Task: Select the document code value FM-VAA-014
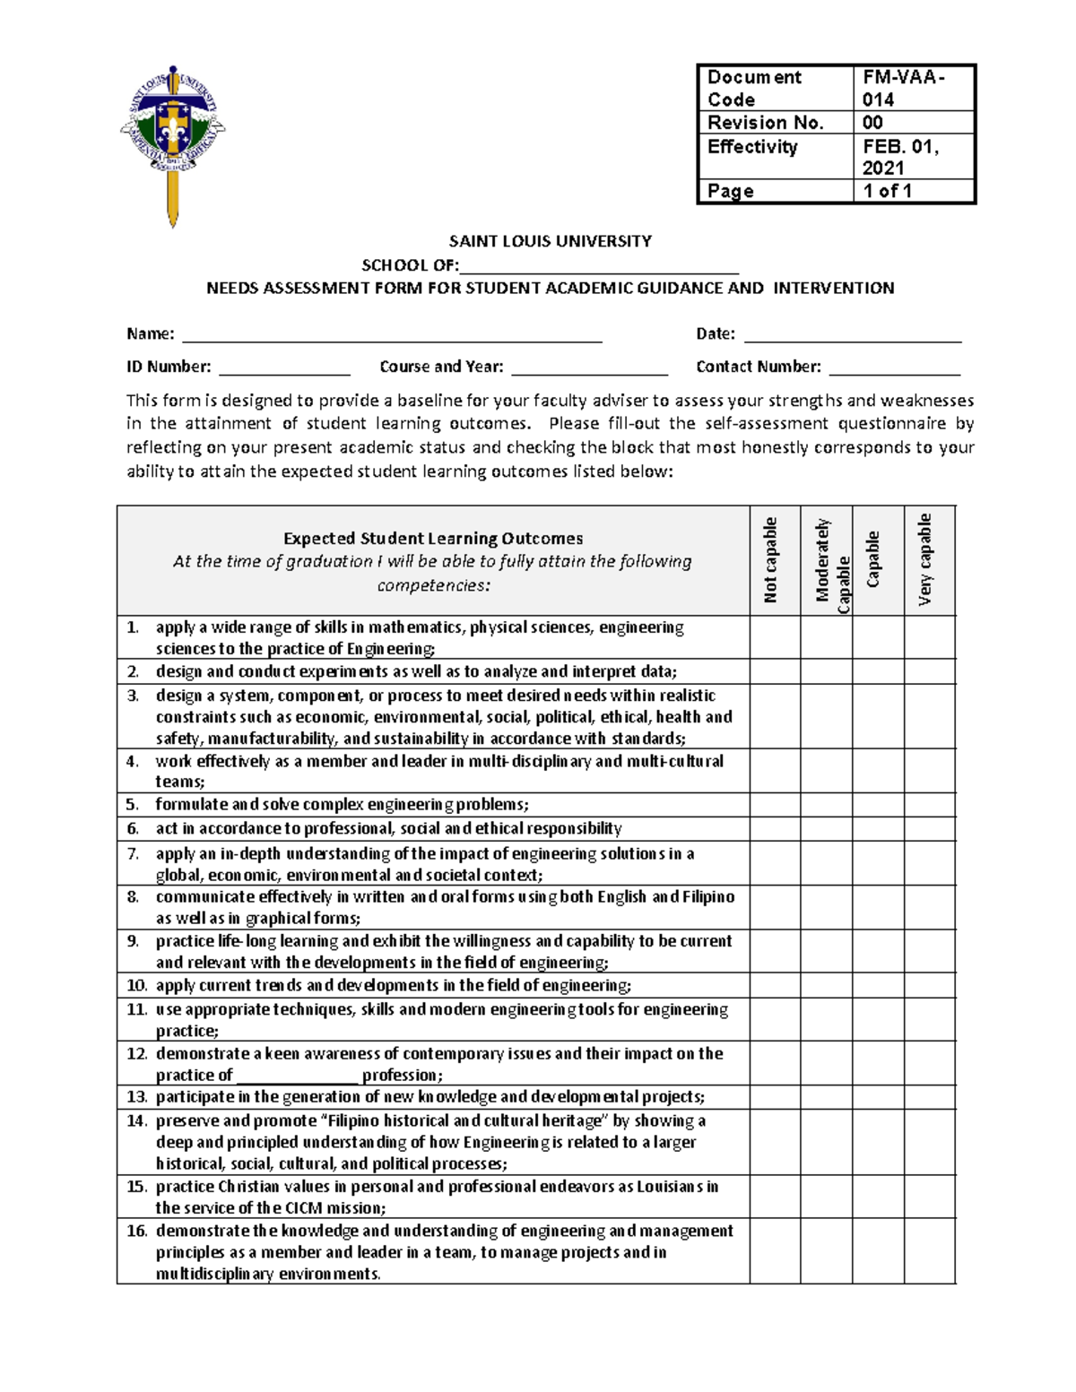(904, 88)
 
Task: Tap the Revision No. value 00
(873, 123)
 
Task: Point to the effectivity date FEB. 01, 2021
(900, 157)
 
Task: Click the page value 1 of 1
(888, 191)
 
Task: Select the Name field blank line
(392, 336)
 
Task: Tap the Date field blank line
(853, 336)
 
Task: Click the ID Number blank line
(284, 369)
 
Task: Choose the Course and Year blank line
(589, 369)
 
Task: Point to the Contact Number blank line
(894, 369)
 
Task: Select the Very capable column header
(929, 561)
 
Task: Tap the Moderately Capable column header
(827, 565)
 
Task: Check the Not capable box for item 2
(775, 672)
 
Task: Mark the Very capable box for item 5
(929, 805)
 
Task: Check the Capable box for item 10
(878, 986)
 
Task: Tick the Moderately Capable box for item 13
(827, 1097)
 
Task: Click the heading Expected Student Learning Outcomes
(433, 539)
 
